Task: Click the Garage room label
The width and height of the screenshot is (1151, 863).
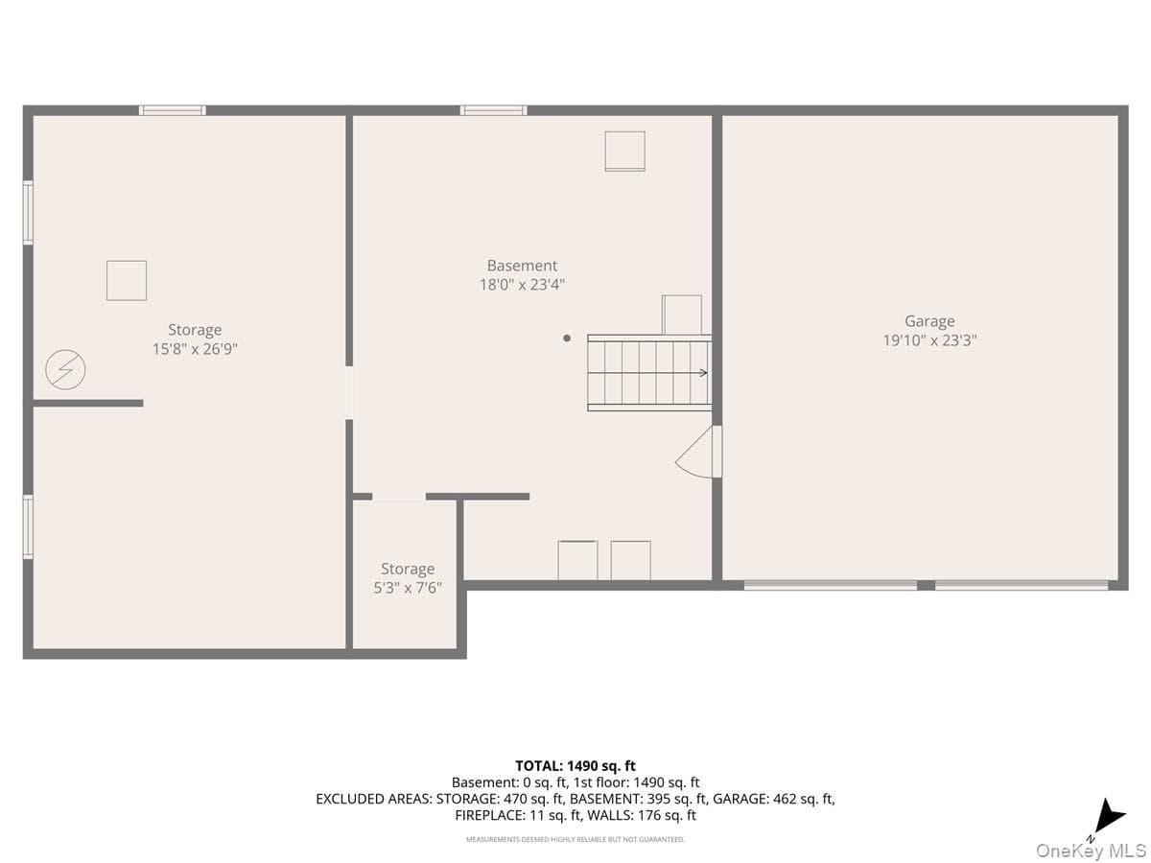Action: [x=929, y=320]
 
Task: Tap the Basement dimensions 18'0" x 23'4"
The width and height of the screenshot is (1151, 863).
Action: [x=522, y=285]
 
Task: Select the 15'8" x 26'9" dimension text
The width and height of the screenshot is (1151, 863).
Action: [x=195, y=349]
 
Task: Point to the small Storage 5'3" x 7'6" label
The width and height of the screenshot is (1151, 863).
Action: [x=408, y=578]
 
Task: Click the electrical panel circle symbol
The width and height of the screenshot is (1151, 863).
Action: [x=65, y=369]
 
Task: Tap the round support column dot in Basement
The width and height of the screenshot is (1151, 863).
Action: [x=566, y=338]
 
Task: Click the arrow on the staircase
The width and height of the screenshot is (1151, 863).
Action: [x=647, y=373]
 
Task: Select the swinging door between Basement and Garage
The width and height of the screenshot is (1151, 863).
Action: [x=698, y=452]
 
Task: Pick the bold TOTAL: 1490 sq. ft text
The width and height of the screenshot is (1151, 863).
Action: [x=575, y=765]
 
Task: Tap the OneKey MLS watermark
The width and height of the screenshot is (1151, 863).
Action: [x=1091, y=850]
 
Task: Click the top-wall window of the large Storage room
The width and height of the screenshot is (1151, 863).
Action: [x=173, y=110]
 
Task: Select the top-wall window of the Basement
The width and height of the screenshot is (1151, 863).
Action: [x=493, y=110]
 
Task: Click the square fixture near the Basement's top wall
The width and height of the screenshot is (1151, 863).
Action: [x=624, y=151]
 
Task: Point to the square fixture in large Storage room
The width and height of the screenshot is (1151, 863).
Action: [x=127, y=280]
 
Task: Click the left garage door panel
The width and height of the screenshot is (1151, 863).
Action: [x=830, y=585]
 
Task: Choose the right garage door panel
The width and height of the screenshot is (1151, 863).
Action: [x=1022, y=585]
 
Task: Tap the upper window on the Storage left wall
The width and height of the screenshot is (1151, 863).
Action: [x=29, y=212]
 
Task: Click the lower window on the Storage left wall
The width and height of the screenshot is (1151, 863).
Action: [x=29, y=526]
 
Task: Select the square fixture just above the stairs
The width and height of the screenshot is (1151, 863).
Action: [x=682, y=315]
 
